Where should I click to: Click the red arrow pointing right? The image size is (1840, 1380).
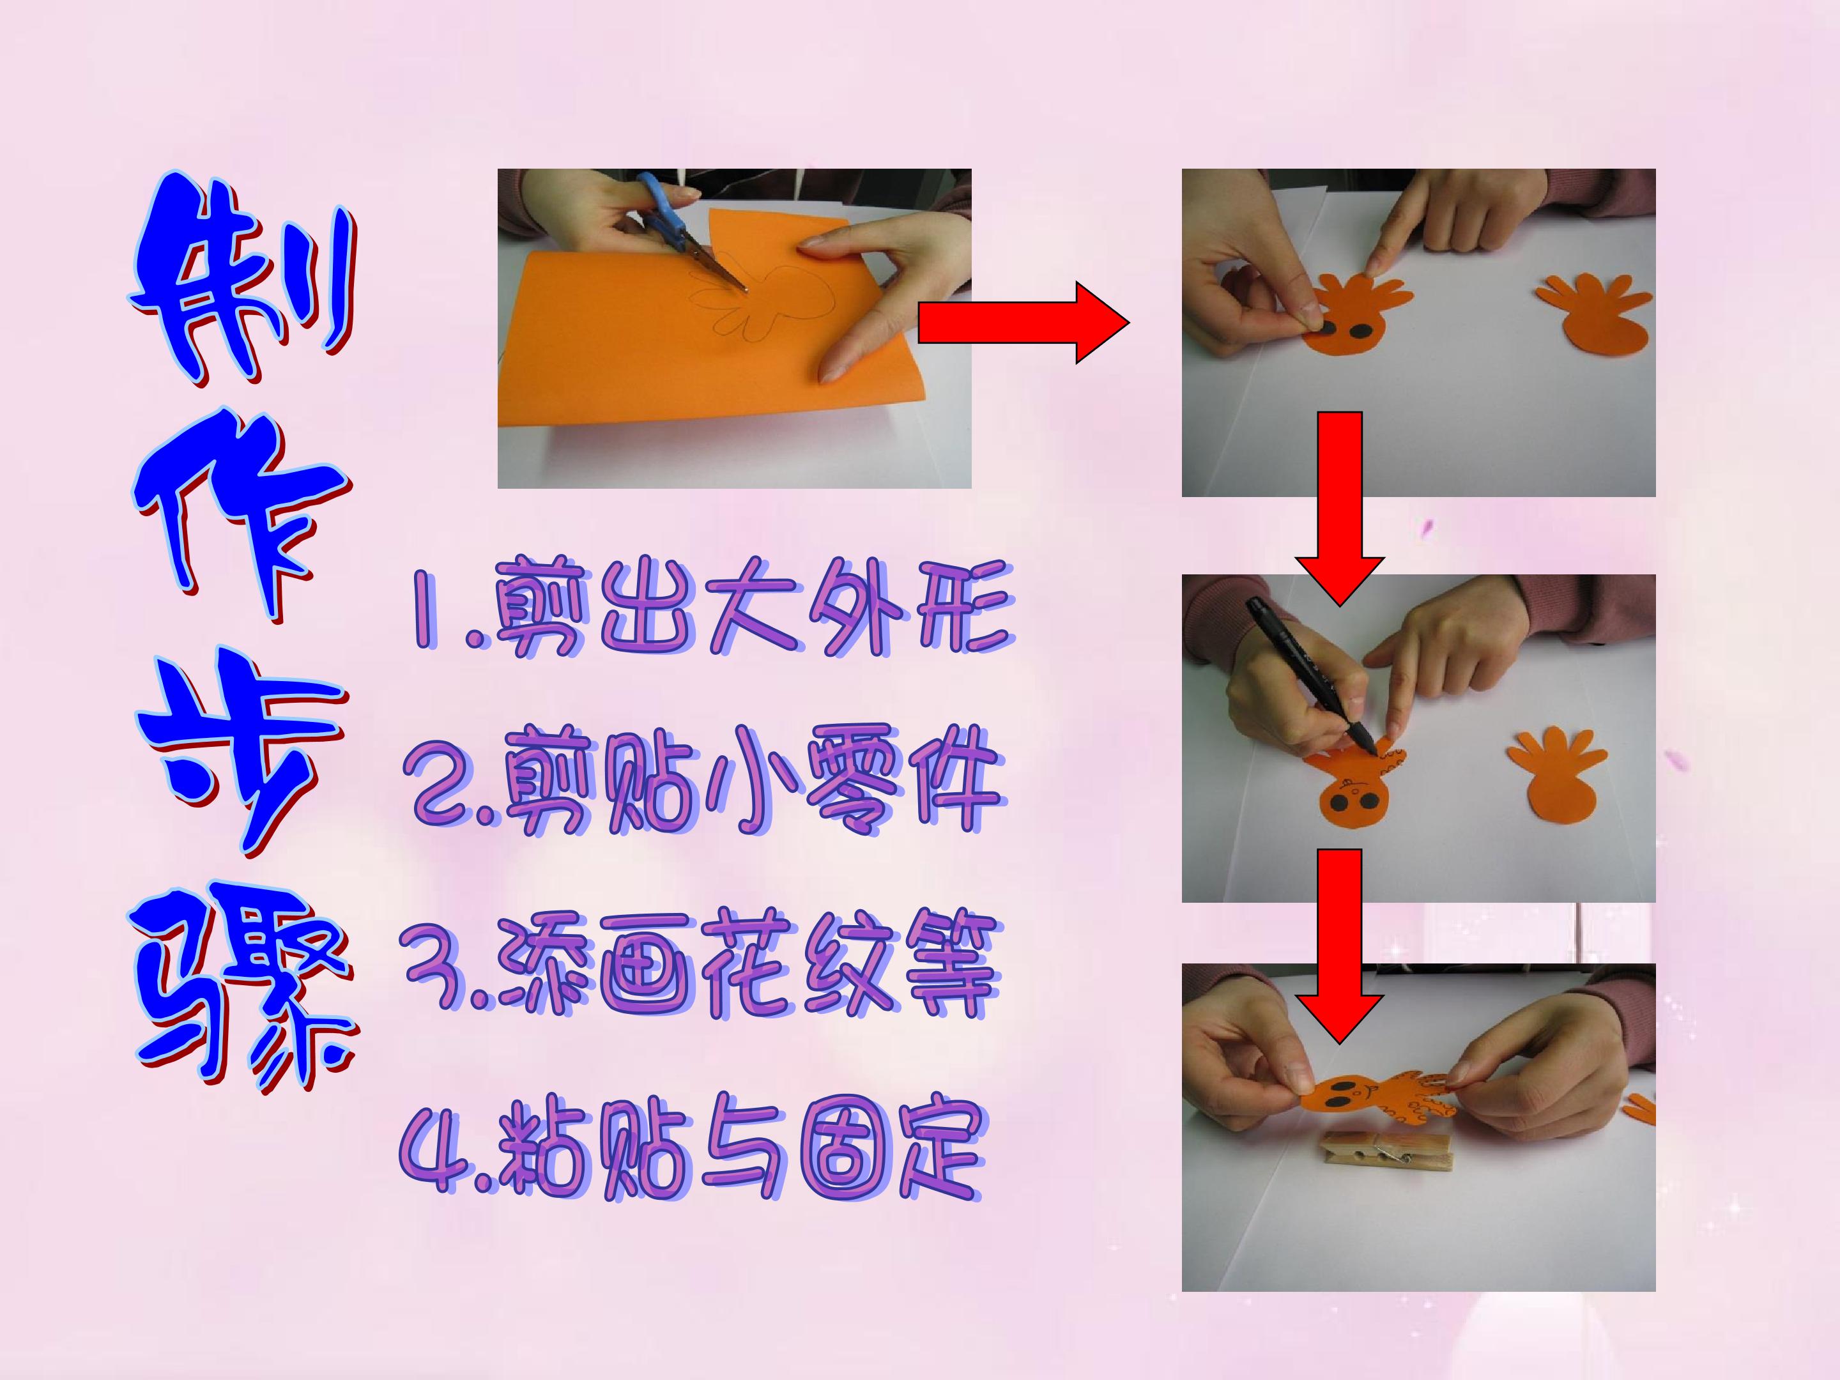(x=1023, y=323)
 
